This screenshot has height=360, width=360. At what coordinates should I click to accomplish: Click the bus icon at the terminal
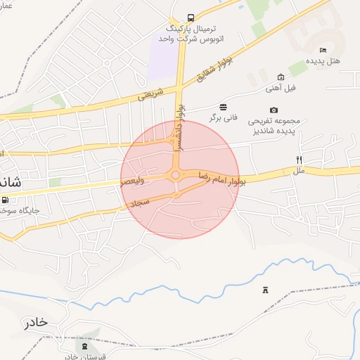pos(191,18)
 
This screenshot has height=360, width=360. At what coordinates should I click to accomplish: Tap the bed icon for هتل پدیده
pos(323,50)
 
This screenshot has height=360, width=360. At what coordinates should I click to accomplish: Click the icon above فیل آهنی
pos(281,77)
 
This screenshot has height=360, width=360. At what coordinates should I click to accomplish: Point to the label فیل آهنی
pos(281,88)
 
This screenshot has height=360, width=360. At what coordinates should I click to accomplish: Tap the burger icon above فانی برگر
pos(223,106)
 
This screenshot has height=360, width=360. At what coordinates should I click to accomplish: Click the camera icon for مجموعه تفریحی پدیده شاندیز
pos(274,110)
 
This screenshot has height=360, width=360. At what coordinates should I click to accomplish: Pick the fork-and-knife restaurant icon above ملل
pos(300,160)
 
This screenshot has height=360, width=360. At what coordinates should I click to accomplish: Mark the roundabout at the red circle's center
pos(175,175)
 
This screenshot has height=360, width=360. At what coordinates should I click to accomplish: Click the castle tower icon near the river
pos(265,290)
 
